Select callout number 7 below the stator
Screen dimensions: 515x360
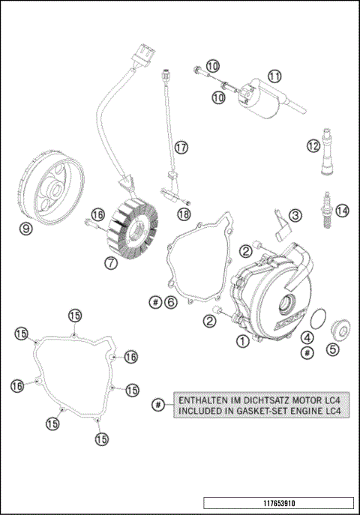point(110,263)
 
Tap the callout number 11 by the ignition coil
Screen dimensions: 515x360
point(274,76)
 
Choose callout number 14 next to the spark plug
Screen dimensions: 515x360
point(342,211)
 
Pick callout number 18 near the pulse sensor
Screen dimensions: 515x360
point(184,214)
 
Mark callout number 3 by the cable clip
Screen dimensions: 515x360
point(295,215)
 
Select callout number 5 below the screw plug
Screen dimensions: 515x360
point(332,348)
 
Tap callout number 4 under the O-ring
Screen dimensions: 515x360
point(307,337)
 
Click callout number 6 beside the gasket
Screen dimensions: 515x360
point(171,302)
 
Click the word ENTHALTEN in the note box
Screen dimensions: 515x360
point(203,399)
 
